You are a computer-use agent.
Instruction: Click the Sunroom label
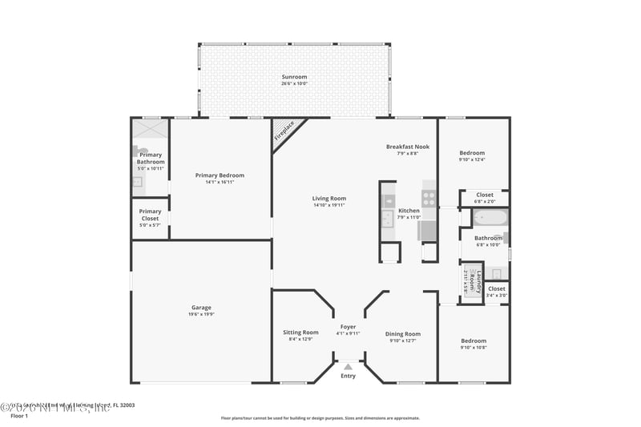pos(294,77)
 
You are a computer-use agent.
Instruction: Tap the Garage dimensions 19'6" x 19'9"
pos(201,314)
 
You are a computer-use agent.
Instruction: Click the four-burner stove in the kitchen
pos(429,198)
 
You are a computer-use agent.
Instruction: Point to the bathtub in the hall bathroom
pos(489,218)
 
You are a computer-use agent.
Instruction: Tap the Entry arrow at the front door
pos(348,367)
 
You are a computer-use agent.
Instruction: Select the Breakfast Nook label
pos(407,147)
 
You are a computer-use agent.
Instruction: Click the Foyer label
pos(348,327)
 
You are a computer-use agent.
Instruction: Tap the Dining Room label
pos(403,333)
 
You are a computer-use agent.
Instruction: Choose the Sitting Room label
pos(300,332)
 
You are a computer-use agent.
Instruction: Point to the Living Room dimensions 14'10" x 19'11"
pos(329,205)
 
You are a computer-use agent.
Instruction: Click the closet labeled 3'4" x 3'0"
pos(497,292)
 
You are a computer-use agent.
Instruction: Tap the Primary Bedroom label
pos(220,175)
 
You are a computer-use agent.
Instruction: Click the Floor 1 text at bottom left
pos(19,416)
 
